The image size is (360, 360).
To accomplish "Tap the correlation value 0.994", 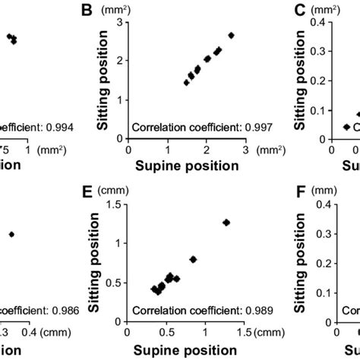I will [x=56, y=128].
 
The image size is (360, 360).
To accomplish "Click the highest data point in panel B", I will [x=231, y=35].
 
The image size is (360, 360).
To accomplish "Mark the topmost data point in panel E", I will [x=226, y=222].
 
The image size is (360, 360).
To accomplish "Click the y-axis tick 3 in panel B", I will [x=119, y=23].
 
